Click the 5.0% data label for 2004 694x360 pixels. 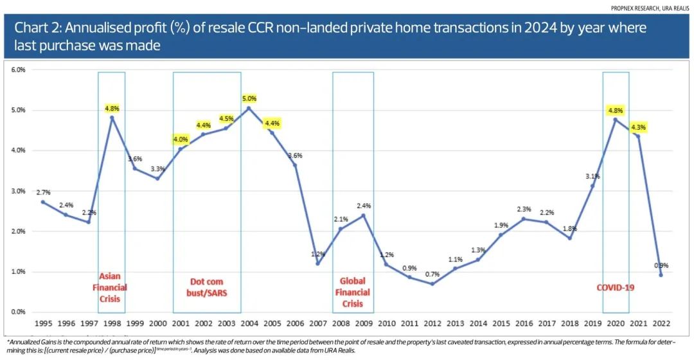pyautogui.click(x=249, y=98)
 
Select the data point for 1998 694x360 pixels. pyautogui.click(x=112, y=118)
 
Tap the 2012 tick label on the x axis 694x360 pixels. pyautogui.click(x=432, y=325)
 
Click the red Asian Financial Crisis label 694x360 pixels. pyautogui.click(x=111, y=287)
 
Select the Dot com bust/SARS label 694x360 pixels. pyautogui.click(x=206, y=287)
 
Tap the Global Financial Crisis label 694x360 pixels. pyautogui.click(x=352, y=292)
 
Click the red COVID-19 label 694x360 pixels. pyautogui.click(x=615, y=287)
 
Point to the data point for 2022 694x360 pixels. pyautogui.click(x=661, y=274)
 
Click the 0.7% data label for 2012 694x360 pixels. pyautogui.click(x=432, y=274)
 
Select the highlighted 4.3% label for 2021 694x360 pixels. pyautogui.click(x=637, y=127)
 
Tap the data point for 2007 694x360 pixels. pyautogui.click(x=317, y=263)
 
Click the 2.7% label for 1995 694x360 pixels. pyautogui.click(x=42, y=192)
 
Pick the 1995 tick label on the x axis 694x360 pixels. pyautogui.click(x=42, y=325)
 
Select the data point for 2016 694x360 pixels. pyautogui.click(x=523, y=219)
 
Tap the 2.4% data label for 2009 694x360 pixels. pyautogui.click(x=363, y=205)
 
